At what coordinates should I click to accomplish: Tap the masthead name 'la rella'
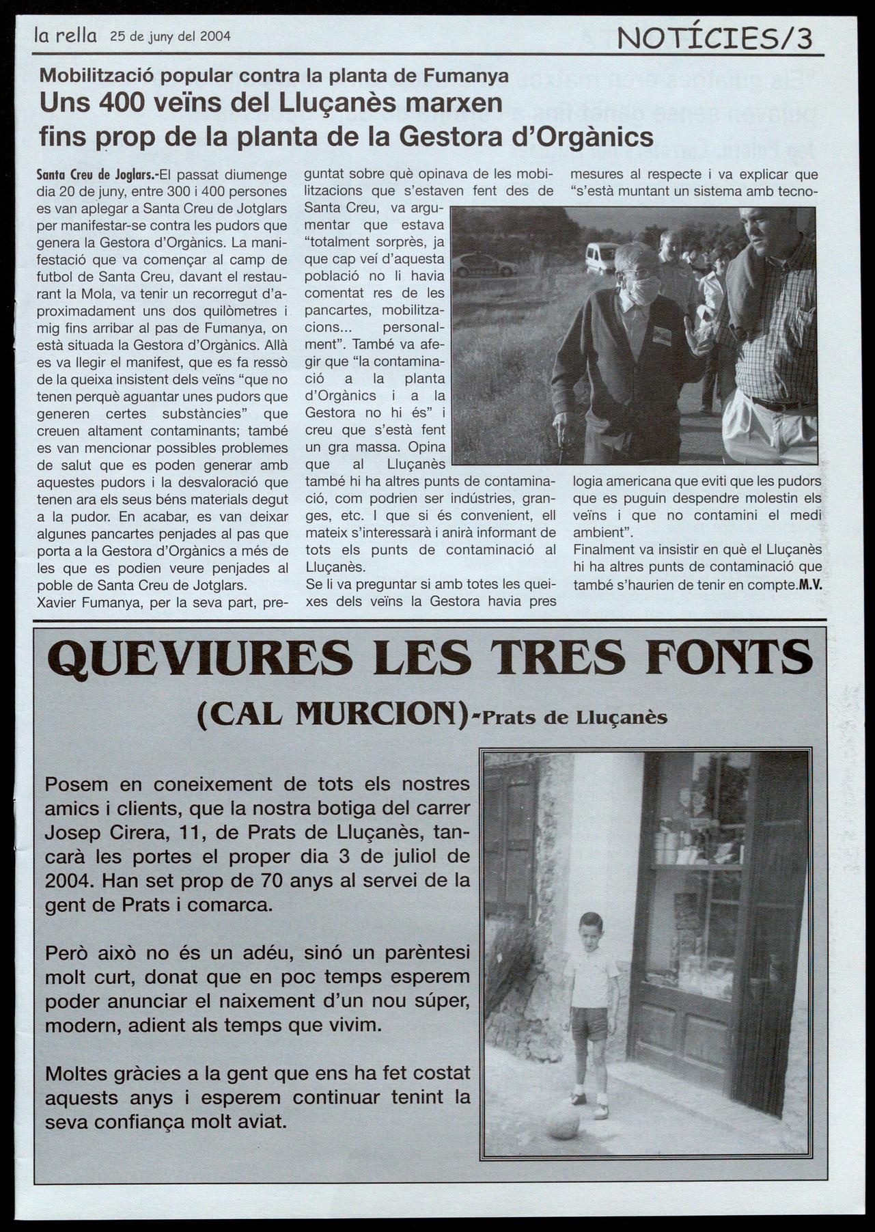click(66, 36)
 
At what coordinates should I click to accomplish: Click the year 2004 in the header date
click(214, 36)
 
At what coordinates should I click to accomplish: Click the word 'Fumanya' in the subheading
click(467, 76)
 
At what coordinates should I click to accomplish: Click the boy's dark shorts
click(589, 1023)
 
